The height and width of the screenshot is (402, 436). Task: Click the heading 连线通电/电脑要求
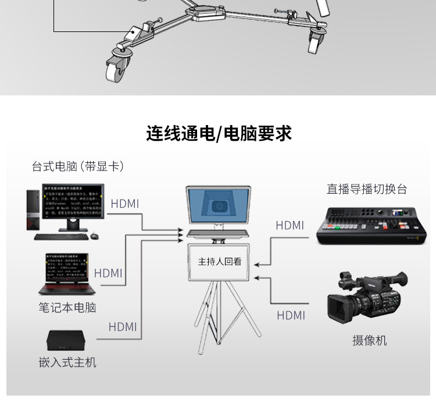[219, 133]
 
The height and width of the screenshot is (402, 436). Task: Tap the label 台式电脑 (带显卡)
[78, 166]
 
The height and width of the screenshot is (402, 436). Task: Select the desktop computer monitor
[74, 204]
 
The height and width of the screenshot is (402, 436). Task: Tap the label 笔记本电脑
[67, 307]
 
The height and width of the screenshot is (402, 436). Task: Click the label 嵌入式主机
[67, 362]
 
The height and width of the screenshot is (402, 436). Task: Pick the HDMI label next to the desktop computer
[124, 204]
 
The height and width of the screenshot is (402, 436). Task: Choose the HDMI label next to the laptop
[108, 273]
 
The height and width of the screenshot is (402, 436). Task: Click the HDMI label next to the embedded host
[123, 327]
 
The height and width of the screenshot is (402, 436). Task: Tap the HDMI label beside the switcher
[290, 225]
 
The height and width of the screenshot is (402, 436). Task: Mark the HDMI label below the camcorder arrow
[291, 315]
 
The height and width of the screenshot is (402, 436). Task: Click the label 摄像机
[369, 341]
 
